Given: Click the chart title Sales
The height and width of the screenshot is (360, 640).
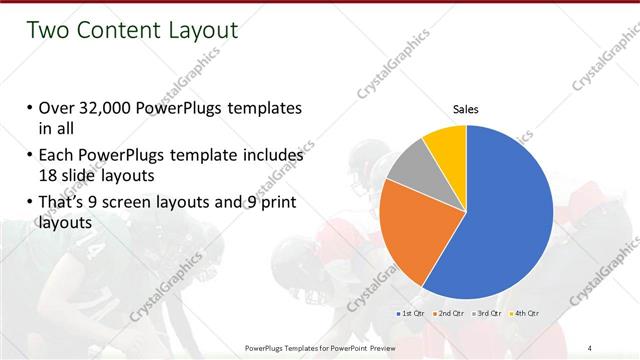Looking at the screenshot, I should [x=467, y=108].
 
